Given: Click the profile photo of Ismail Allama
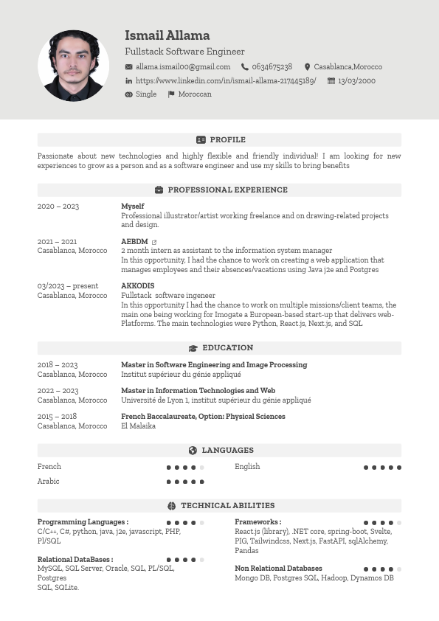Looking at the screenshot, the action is click(x=73, y=66).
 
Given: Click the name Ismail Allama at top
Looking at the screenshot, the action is click(x=167, y=35).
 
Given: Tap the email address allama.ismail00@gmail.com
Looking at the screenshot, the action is click(x=183, y=67).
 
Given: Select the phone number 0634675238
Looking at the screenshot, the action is click(x=272, y=67).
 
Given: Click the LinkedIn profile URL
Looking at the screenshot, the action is click(x=226, y=81).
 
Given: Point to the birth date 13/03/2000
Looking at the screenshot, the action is click(x=356, y=81).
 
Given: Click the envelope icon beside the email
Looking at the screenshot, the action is click(x=129, y=67).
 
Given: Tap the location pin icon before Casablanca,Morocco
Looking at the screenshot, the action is click(x=307, y=67).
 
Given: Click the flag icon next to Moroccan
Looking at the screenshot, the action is click(x=171, y=94).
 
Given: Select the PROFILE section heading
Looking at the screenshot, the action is click(x=227, y=140).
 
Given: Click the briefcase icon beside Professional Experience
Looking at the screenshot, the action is click(x=159, y=190).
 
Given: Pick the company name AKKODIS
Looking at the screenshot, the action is click(x=138, y=286).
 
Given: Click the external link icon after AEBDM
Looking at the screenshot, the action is click(x=154, y=242).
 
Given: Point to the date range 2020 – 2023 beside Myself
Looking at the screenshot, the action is click(x=58, y=207).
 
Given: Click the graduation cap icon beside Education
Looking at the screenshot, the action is click(x=193, y=348).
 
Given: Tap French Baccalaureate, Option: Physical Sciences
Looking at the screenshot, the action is click(x=203, y=417).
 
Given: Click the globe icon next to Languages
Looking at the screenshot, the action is click(x=193, y=451).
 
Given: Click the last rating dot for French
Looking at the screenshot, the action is click(x=202, y=468).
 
